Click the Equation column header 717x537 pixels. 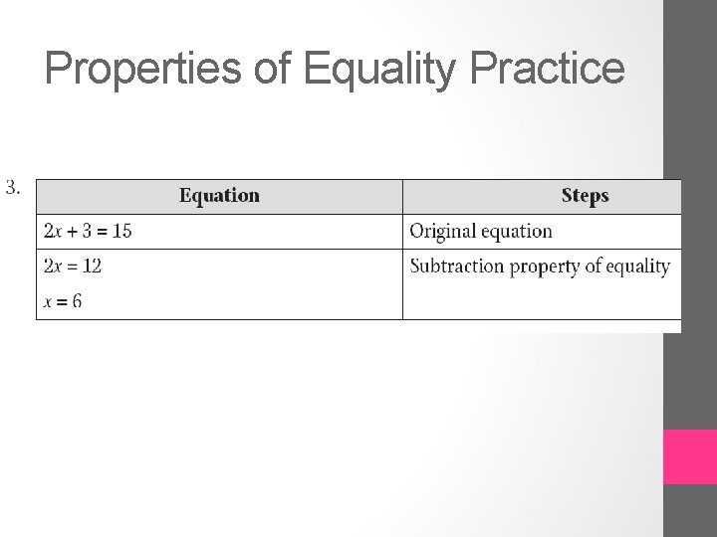(x=219, y=196)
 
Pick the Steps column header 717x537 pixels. (x=585, y=196)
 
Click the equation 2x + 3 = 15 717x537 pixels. (x=89, y=232)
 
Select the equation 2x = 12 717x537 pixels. (x=73, y=267)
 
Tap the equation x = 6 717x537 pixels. (x=64, y=301)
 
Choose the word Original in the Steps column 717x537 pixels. (x=442, y=232)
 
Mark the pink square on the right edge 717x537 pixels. (x=690, y=456)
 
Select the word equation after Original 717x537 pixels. (x=517, y=232)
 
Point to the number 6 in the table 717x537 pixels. (x=78, y=301)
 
